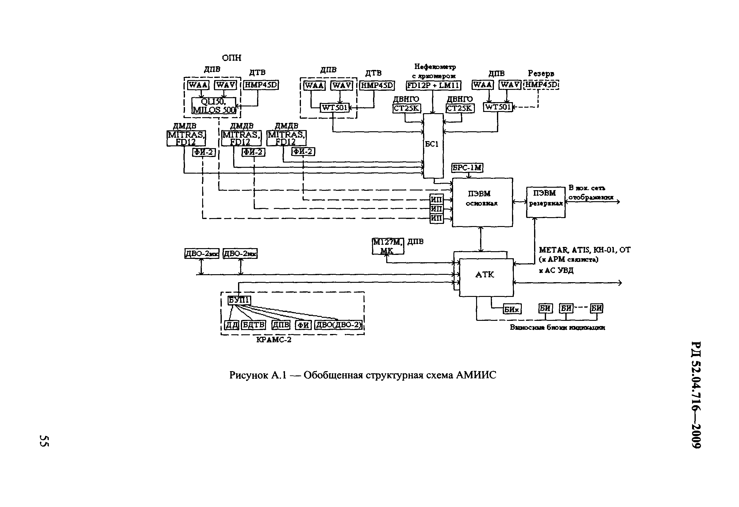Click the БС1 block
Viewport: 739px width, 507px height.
coord(433,145)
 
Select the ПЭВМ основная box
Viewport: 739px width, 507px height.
coord(482,202)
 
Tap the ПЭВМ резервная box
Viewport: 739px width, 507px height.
coord(546,202)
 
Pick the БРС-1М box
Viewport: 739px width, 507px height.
coord(467,167)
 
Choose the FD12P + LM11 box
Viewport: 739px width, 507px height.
coord(433,86)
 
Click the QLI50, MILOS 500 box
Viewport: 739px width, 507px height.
coord(214,106)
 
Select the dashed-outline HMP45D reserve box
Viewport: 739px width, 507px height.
coord(541,85)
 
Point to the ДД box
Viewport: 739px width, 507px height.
coord(232,325)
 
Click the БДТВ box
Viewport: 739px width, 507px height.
coord(253,325)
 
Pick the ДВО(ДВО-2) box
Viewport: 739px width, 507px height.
coord(338,325)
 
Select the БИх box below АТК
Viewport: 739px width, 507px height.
coord(512,309)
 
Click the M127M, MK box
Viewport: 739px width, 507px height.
coord(388,246)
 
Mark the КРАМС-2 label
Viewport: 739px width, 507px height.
coord(274,340)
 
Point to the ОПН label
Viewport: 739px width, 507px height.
coord(232,58)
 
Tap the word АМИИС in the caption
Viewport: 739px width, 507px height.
coord(476,375)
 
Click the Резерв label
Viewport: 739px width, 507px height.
coord(541,73)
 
